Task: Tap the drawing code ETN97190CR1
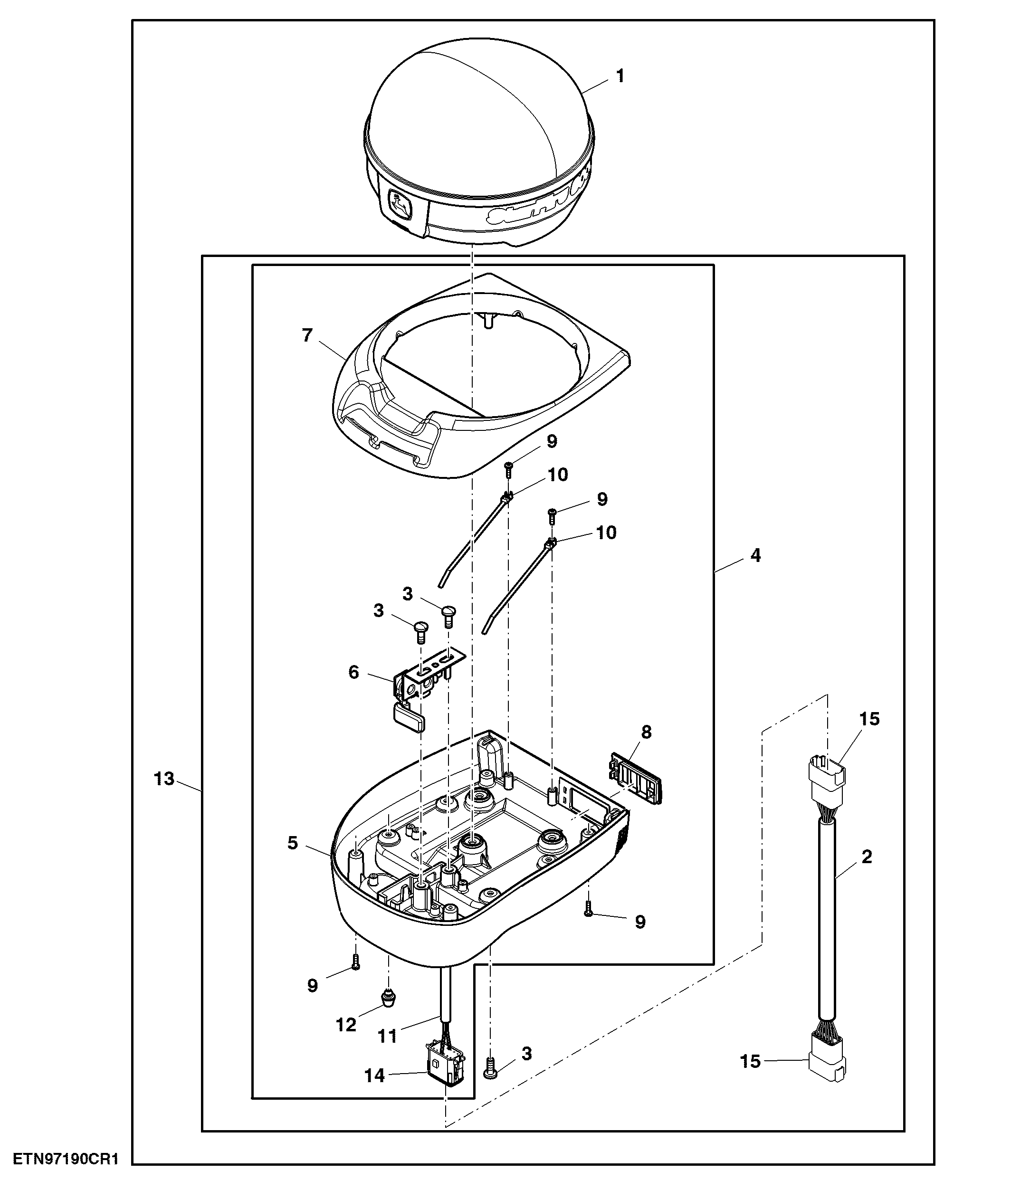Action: (66, 1159)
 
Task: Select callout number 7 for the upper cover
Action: (307, 335)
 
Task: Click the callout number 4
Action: (755, 555)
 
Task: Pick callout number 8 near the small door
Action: (647, 732)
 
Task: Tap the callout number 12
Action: (346, 1025)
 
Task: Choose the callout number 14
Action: (375, 1075)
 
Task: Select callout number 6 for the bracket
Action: (354, 673)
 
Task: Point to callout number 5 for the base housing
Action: (293, 843)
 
